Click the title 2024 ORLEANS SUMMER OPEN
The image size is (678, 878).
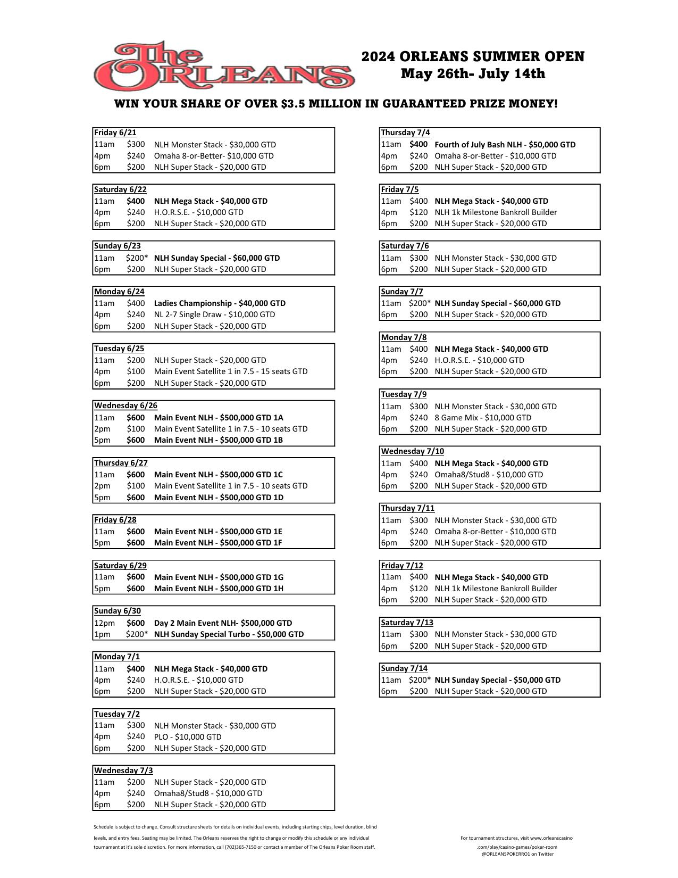(x=473, y=56)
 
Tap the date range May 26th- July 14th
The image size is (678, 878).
(x=473, y=73)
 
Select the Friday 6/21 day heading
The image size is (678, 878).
(x=115, y=132)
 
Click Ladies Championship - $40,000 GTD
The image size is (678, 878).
(x=220, y=303)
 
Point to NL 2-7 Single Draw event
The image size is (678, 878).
(x=214, y=314)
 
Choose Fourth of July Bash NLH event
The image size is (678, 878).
(x=505, y=145)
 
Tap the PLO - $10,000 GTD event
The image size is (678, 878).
(x=188, y=737)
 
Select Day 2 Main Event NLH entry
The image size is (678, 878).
(x=223, y=623)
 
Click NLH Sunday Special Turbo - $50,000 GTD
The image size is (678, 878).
(x=229, y=634)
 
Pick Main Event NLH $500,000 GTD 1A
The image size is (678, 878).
(x=218, y=418)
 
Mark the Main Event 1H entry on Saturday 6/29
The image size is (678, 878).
(x=219, y=589)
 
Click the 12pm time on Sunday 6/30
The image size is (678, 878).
(x=104, y=623)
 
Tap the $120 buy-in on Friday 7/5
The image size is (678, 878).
(x=418, y=212)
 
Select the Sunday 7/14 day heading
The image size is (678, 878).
(x=404, y=668)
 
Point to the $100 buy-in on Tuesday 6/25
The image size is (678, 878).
(x=136, y=371)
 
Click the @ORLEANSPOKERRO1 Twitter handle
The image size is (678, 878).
(x=517, y=854)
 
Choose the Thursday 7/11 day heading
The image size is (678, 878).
(x=407, y=508)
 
